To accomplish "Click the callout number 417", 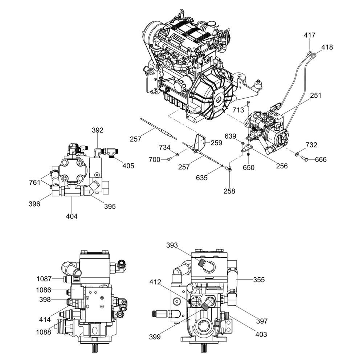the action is [x=310, y=35].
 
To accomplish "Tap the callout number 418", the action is [x=327, y=47].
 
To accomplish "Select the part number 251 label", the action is [x=315, y=95].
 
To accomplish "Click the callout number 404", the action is [x=72, y=216].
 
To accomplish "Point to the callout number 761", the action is [x=35, y=183].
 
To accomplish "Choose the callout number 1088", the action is [x=44, y=332].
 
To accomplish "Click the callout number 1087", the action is [x=44, y=279].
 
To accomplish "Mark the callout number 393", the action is [x=172, y=245].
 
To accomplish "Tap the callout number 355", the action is [x=259, y=280].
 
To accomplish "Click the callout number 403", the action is [x=261, y=334].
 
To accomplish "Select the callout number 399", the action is [x=155, y=337].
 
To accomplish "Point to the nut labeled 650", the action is [x=248, y=154].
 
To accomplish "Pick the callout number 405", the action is [x=128, y=166].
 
